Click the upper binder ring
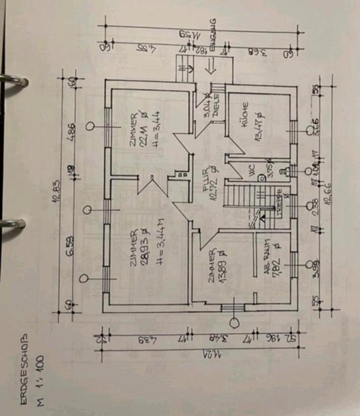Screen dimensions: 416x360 [14, 81]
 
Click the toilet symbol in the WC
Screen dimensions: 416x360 [261, 178]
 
